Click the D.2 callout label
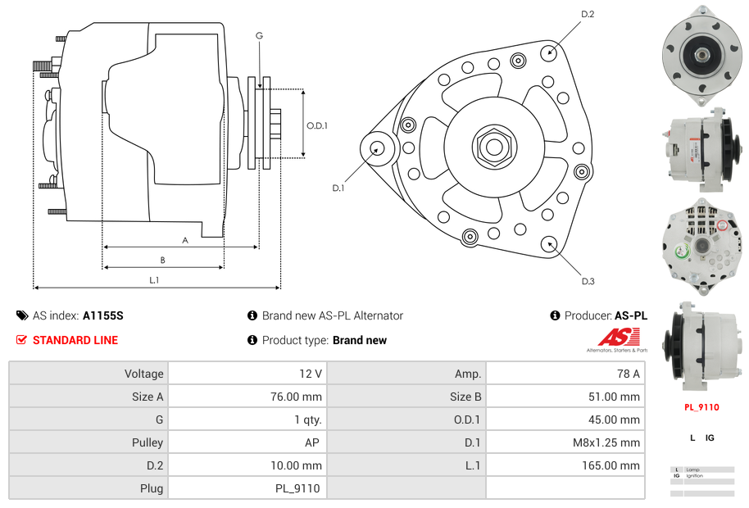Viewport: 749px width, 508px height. (588, 14)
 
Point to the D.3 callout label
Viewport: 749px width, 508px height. (588, 282)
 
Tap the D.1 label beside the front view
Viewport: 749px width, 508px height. (338, 188)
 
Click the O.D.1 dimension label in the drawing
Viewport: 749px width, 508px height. (317, 125)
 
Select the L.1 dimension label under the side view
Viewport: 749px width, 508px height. (154, 280)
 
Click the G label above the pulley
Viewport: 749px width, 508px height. (259, 35)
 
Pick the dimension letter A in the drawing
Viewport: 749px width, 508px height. (185, 240)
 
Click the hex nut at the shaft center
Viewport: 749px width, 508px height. (493, 147)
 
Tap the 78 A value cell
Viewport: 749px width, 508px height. (565, 374)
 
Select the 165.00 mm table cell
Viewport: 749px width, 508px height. (565, 465)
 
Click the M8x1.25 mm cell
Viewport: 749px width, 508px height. (565, 442)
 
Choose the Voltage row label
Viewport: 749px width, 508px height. (89, 374)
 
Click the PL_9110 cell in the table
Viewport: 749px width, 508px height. (246, 488)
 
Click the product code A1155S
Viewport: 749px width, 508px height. (103, 315)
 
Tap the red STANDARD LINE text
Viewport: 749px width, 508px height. (75, 340)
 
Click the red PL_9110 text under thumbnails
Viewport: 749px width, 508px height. (701, 407)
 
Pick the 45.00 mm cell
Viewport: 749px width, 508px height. (565, 420)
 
